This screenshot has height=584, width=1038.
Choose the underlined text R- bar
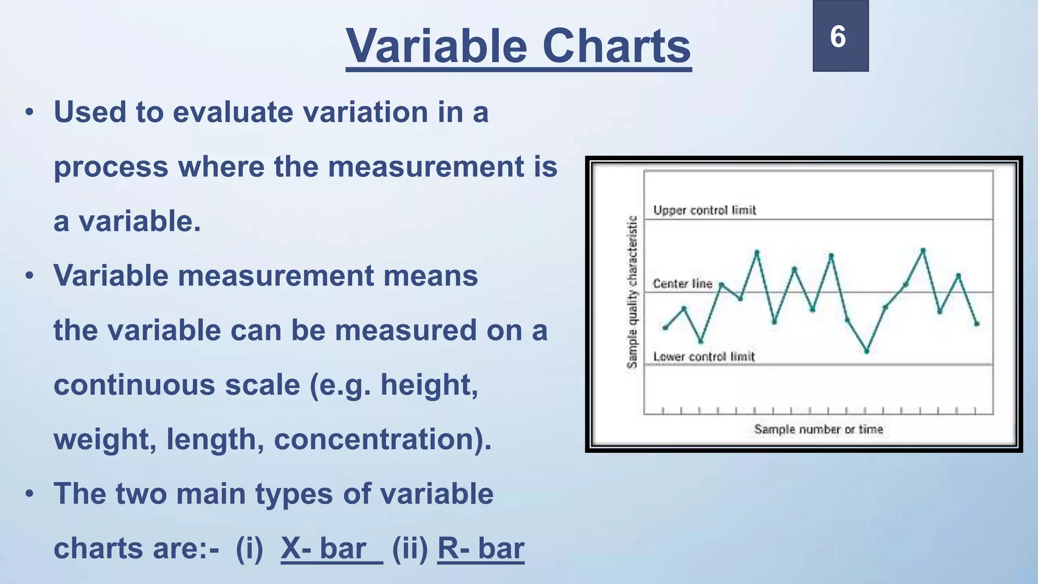coord(480,549)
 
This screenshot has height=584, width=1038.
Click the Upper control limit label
coord(705,210)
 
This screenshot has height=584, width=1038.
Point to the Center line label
coord(682,284)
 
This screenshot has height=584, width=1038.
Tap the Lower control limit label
coord(704,357)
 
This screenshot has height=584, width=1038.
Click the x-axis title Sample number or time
coord(818,429)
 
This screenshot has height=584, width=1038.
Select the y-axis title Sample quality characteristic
coord(632,292)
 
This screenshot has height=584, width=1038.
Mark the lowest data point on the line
coord(867,351)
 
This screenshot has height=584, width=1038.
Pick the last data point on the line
coord(977,323)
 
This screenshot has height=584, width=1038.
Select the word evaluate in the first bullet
coord(233,112)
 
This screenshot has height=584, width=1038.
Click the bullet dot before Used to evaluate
coord(29,112)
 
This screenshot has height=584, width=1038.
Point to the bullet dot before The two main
coord(29,494)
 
